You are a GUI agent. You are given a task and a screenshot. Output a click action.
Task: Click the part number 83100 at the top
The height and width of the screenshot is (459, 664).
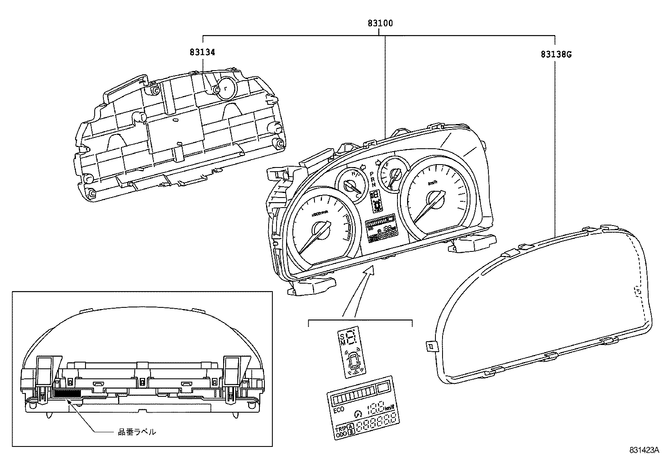(380, 23)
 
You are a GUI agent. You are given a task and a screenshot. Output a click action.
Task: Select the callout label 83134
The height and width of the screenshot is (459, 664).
(202, 52)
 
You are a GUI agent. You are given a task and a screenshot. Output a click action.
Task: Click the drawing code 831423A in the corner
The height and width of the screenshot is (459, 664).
(644, 450)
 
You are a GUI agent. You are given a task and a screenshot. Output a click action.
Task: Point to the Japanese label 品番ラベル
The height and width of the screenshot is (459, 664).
(137, 432)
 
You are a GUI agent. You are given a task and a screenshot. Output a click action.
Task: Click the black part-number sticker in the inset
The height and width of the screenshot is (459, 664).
(68, 393)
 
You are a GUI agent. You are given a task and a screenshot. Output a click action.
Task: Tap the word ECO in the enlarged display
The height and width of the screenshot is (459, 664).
(339, 410)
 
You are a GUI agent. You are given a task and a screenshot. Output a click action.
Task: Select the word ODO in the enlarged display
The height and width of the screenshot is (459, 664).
(341, 435)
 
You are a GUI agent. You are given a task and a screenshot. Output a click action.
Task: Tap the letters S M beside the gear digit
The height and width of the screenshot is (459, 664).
(342, 339)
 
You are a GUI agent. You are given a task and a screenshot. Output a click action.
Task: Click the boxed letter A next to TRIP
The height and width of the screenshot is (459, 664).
(351, 426)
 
